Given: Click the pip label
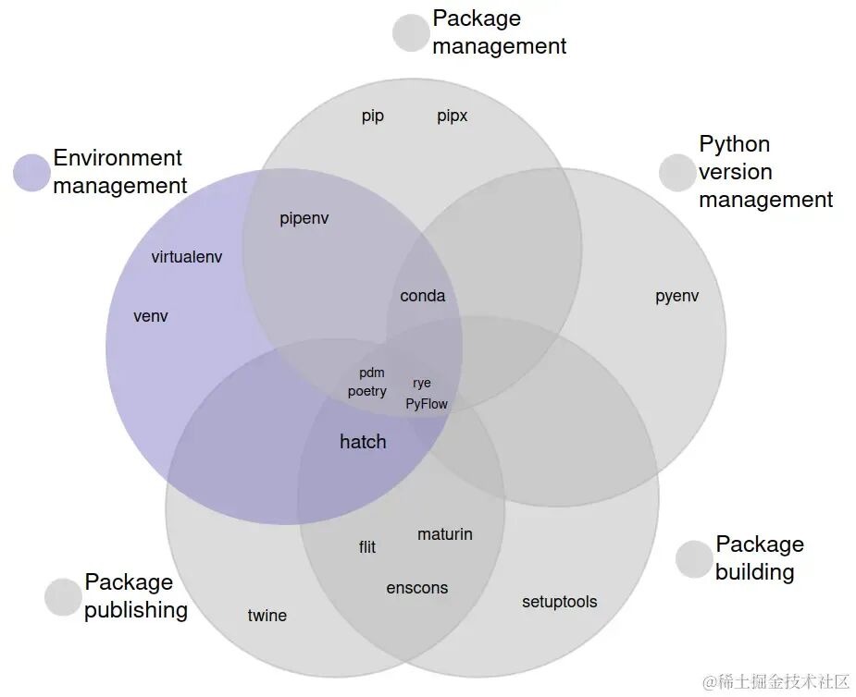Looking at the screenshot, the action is (373, 116).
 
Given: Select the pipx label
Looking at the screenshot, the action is (452, 116).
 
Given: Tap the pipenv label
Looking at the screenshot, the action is (304, 219).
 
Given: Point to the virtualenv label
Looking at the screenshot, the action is (187, 257).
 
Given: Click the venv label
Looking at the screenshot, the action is (151, 316).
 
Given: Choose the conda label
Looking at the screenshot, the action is (423, 296).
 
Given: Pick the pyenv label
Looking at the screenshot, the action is (677, 296).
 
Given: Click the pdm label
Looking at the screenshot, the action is (372, 373).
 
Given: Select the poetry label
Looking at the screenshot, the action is (366, 392).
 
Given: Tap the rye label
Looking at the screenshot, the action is (422, 384).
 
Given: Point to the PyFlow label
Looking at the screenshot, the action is (427, 404).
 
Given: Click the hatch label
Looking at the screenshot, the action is (363, 441).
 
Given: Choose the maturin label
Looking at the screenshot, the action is (445, 534).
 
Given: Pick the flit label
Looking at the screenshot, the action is (367, 547).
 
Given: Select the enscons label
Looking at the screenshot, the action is (417, 589).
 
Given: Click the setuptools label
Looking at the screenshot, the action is (560, 602).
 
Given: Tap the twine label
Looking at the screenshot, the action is (267, 616).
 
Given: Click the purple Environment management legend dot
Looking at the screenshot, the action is (31, 173).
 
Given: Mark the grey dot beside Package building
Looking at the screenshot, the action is (694, 559).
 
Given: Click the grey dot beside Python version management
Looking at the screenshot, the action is (677, 173).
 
